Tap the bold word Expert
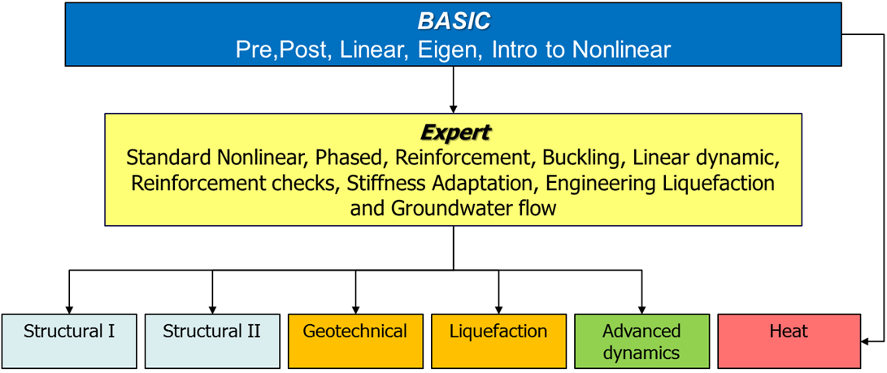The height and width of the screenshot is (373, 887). pyautogui.click(x=453, y=132)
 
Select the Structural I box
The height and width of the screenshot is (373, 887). pyautogui.click(x=69, y=340)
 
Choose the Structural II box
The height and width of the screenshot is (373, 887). pyautogui.click(x=212, y=340)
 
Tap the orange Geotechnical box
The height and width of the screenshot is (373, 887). pyautogui.click(x=355, y=340)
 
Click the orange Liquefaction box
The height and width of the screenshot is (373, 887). pyautogui.click(x=498, y=340)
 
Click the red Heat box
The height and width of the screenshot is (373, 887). pyautogui.click(x=788, y=340)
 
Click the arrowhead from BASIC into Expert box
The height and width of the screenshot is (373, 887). pyautogui.click(x=453, y=107)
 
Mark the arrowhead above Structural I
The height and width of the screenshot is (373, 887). pyautogui.click(x=69, y=308)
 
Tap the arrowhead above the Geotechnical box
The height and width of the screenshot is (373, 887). pyautogui.click(x=355, y=308)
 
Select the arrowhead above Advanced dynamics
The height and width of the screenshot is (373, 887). pyautogui.click(x=642, y=308)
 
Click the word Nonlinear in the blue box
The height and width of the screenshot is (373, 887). pyautogui.click(x=621, y=50)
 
